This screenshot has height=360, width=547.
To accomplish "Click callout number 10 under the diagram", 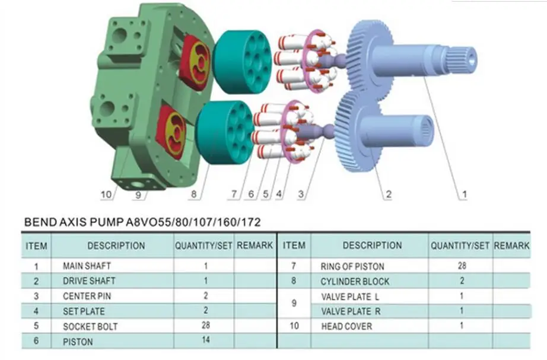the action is click(106, 195).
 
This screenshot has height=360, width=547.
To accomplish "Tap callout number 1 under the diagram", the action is click(465, 195).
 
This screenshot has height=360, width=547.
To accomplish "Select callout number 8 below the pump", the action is click(194, 195).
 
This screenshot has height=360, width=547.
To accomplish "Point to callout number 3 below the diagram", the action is click(301, 195).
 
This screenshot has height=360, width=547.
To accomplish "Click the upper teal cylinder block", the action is click(241, 62).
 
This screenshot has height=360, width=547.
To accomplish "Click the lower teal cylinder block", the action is click(225, 133).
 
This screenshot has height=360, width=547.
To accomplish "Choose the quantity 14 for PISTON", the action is click(205, 340).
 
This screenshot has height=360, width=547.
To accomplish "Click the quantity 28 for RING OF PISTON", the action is click(462, 266).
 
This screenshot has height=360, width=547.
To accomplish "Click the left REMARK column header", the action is click(255, 246).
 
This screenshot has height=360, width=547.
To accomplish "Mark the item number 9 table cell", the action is click(294, 304).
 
